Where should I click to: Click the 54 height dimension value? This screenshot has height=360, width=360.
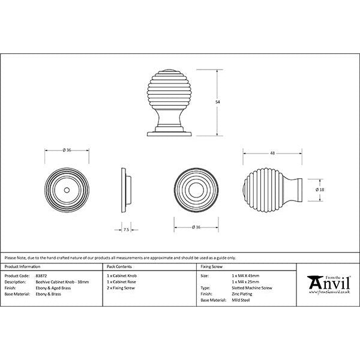point(217,102)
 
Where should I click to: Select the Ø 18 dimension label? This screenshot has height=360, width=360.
point(320,190)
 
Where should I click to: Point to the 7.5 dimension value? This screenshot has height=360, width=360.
point(126,229)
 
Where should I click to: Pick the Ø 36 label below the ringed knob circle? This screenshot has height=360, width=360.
point(195,227)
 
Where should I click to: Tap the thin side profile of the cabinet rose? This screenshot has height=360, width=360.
point(125,190)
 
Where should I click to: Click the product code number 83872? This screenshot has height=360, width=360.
point(41,276)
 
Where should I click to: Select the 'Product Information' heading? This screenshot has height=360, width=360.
point(22,265)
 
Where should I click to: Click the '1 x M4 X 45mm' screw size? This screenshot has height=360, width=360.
point(247,276)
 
